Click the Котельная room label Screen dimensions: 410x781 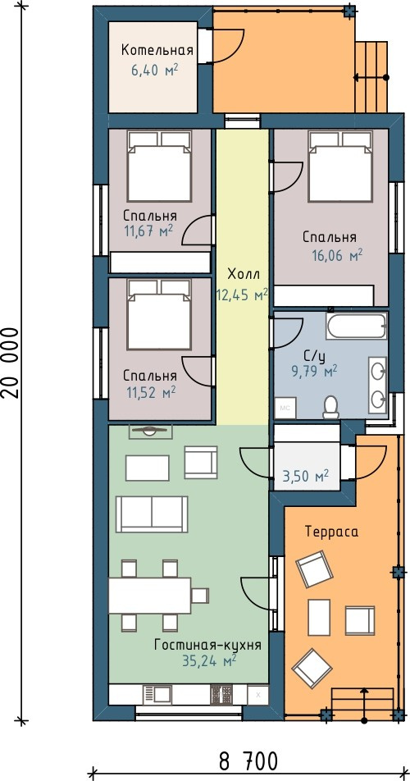(157, 50)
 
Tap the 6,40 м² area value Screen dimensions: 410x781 (155, 71)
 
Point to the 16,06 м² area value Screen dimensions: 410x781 (337, 256)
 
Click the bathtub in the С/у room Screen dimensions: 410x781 (357, 326)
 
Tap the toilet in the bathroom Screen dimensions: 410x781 (330, 407)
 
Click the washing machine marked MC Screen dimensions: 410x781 (286, 408)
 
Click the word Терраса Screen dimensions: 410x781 (332, 532)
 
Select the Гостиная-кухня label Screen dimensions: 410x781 (208, 645)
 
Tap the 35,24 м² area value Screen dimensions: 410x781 (209, 661)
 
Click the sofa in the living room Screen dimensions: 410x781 (152, 514)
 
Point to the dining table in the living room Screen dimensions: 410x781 (150, 596)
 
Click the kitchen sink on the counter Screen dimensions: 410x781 (157, 694)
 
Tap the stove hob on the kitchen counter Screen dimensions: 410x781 (222, 695)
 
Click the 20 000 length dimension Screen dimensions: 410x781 (11, 363)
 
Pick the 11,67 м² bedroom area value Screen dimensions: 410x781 (148, 230)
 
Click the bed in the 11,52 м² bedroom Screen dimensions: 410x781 (159, 314)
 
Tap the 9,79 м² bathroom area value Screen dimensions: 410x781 (314, 370)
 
